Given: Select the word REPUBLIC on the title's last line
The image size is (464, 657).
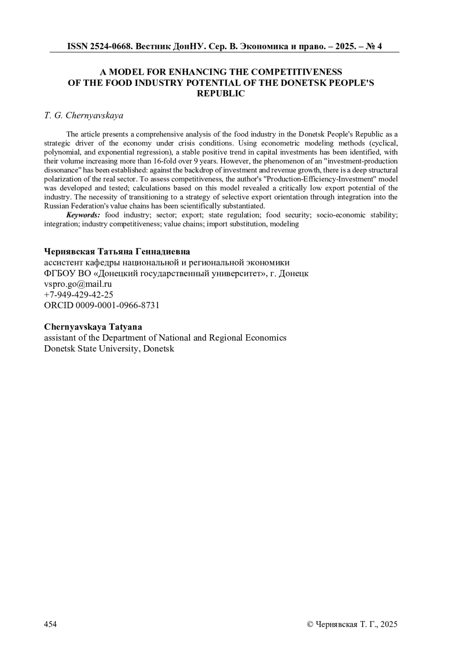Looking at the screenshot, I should click(221, 94).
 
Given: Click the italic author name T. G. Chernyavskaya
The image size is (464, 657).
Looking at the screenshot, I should click(84, 115).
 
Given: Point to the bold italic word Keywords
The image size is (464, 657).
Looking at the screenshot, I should click(83, 215).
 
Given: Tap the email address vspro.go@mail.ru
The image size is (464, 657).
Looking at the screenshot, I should click(78, 284).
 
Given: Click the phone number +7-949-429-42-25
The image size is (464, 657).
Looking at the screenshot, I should click(78, 294).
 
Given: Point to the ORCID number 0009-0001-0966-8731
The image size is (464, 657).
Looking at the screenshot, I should click(118, 305).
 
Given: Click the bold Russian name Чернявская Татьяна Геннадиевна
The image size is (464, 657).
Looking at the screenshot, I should click(117, 252).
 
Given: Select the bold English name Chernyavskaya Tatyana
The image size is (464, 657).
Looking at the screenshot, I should click(93, 327).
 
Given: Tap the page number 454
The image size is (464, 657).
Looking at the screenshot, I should click(51, 624).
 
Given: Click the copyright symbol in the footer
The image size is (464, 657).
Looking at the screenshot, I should click(309, 624).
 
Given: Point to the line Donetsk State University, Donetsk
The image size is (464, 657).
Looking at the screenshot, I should click(109, 349).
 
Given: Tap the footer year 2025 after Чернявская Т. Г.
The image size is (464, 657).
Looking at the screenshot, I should click(389, 624).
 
